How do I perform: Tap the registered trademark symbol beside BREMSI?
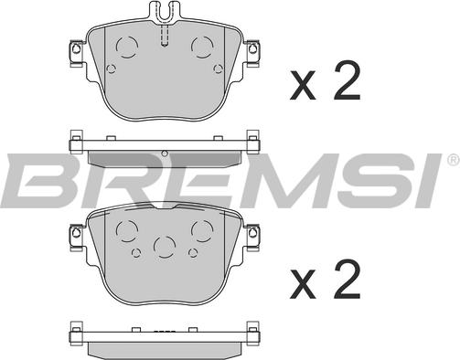(x=453, y=160)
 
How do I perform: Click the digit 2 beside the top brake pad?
(x=347, y=81)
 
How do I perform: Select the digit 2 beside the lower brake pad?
(x=347, y=279)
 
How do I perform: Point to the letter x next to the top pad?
(x=303, y=86)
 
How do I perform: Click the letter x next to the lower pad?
(x=303, y=283)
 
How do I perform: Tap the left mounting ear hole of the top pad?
(x=76, y=48)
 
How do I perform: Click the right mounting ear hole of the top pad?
(x=252, y=48)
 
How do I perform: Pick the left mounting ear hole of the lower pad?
(x=76, y=233)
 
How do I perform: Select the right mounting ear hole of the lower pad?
(x=252, y=233)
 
